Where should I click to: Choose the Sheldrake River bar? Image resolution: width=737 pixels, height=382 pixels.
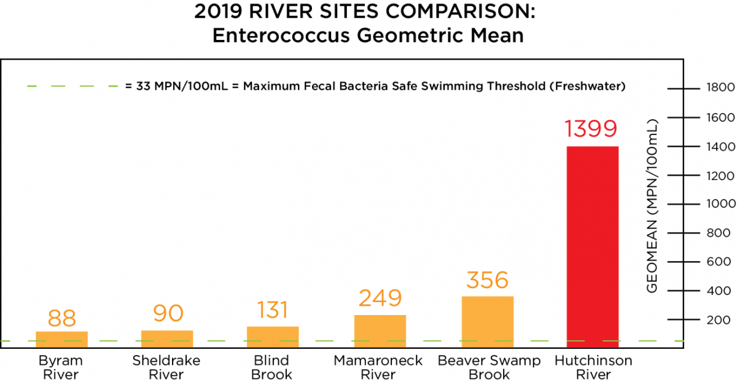point(167,338)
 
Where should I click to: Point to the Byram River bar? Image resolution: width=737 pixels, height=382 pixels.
point(61,339)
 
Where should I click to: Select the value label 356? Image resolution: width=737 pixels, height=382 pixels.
point(487,280)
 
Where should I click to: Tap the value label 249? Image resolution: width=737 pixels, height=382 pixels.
point(380,298)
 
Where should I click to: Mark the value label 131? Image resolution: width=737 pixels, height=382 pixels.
point(273,310)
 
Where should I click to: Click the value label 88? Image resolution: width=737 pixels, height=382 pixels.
point(61,318)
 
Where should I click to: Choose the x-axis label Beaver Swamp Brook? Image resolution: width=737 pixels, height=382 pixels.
point(489,367)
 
